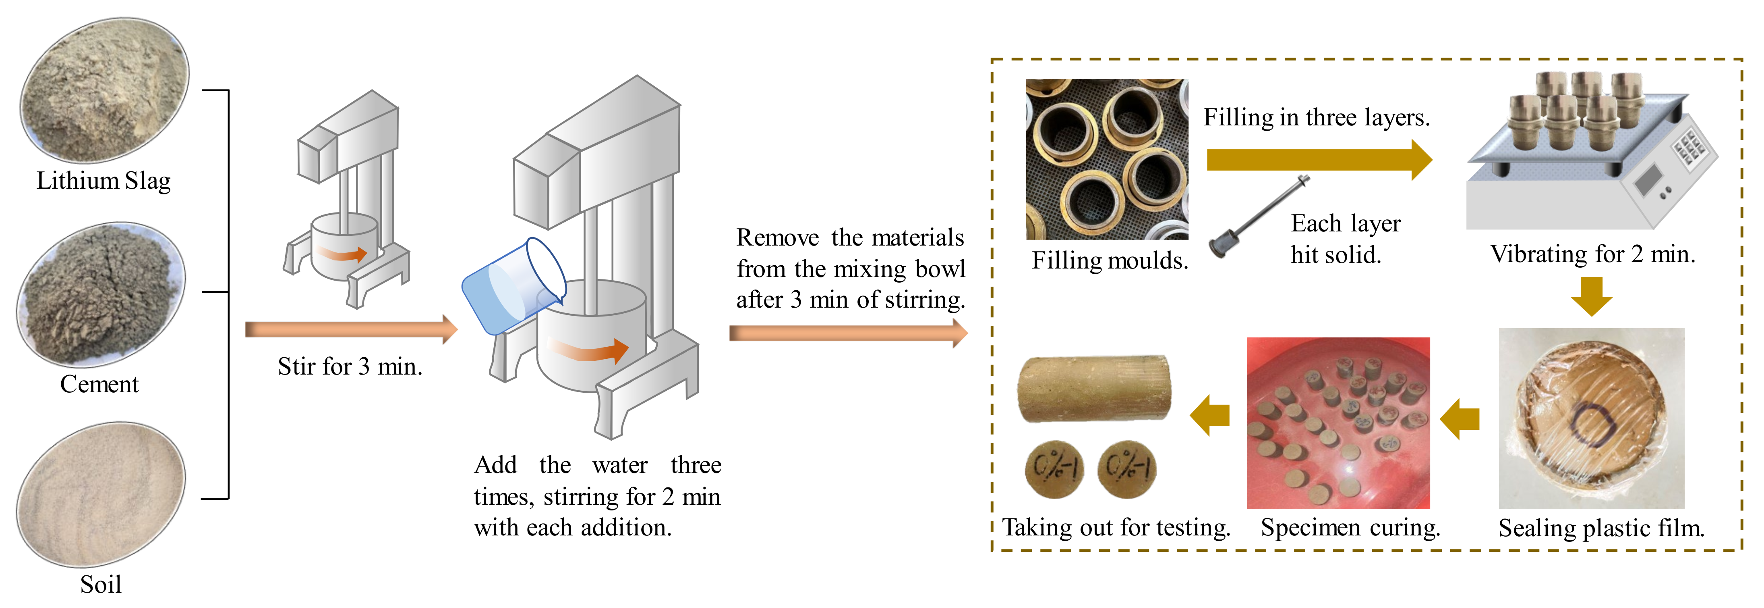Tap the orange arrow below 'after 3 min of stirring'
pyautogui.click(x=848, y=334)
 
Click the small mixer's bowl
pyautogui.click(x=342, y=247)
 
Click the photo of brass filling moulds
pyautogui.click(x=1107, y=159)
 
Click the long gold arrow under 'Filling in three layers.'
pyautogui.click(x=1318, y=160)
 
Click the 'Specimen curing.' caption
pyautogui.click(x=1350, y=528)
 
